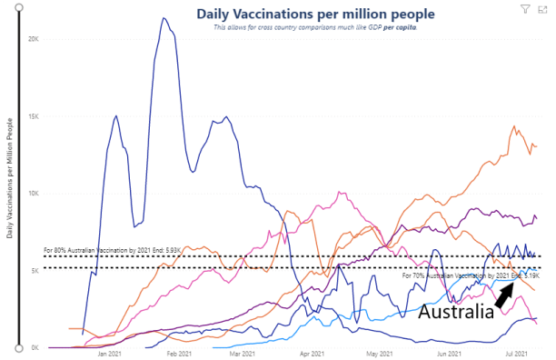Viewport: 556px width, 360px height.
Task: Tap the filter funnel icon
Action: (x=525, y=8)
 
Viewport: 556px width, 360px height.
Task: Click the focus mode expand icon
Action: (x=541, y=8)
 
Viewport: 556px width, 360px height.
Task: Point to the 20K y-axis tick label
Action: (x=33, y=40)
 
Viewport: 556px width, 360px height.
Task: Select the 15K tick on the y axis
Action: (x=33, y=116)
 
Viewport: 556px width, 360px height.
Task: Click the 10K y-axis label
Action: (x=33, y=194)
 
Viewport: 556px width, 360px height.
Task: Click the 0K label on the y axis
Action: (x=34, y=347)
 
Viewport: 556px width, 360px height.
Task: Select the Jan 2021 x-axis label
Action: (x=110, y=355)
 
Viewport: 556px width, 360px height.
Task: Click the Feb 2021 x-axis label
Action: (x=178, y=355)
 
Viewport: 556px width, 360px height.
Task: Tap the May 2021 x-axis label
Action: (x=378, y=355)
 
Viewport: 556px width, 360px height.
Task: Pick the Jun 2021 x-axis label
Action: (x=448, y=355)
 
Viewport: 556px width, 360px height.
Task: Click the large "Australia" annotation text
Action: (x=455, y=312)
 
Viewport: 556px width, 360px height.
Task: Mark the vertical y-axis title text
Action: (x=9, y=178)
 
